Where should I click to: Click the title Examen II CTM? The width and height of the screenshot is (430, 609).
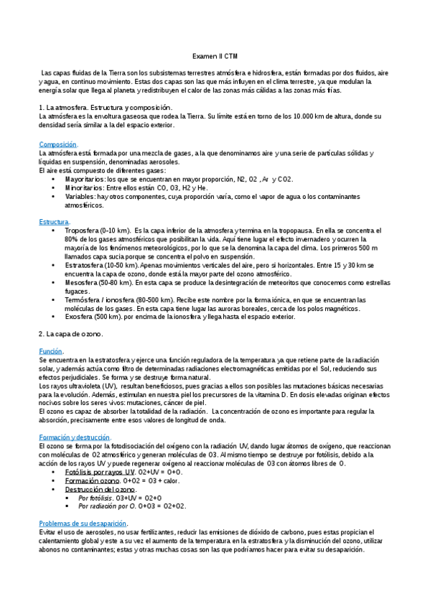tap(215, 56)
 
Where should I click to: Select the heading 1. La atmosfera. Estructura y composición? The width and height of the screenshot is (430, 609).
tap(106, 107)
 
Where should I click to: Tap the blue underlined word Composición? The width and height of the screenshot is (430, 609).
tap(57, 144)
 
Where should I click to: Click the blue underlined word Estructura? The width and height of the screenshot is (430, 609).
tap(54, 222)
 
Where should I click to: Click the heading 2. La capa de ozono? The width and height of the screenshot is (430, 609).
tap(70, 334)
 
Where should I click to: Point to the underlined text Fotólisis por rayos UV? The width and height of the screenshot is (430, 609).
tap(100, 472)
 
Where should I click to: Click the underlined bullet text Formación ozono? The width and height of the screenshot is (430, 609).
tap(92, 480)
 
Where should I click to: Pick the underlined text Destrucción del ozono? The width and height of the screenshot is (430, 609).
tap(101, 489)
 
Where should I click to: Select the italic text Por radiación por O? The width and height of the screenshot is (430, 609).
tap(109, 506)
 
